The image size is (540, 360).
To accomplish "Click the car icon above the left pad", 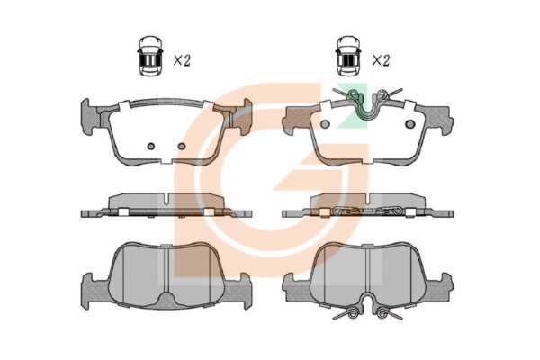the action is [x=151, y=55].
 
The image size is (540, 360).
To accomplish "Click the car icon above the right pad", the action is [x=348, y=55].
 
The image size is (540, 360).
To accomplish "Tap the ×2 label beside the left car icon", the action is [x=182, y=60].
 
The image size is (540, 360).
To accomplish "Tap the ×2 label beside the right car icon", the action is [x=381, y=60].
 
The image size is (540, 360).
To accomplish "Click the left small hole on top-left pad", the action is [x=151, y=147].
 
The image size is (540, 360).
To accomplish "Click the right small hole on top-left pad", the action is [x=182, y=147].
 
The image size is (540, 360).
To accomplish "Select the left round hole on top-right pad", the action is [x=325, y=124].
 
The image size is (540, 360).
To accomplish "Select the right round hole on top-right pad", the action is [x=410, y=124].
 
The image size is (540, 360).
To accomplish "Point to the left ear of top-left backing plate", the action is [x=89, y=116].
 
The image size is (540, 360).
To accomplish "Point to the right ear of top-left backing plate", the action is [x=243, y=116].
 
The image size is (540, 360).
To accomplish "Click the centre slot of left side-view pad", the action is [x=166, y=199].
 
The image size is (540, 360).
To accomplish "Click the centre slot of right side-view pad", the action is [x=368, y=199].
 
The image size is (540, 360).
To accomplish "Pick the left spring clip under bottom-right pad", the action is [x=348, y=313].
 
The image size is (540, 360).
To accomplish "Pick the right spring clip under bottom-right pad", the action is [x=385, y=313].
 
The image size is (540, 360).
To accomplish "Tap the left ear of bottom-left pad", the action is [x=90, y=291].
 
